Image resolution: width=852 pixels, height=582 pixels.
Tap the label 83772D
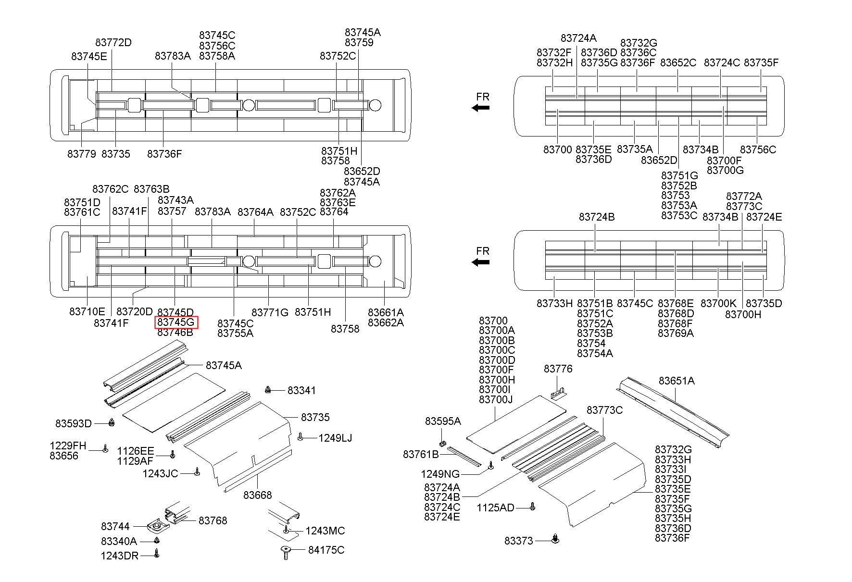(x=113, y=42)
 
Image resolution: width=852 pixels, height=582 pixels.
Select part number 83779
(x=82, y=154)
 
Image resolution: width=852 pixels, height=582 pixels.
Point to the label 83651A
(x=677, y=381)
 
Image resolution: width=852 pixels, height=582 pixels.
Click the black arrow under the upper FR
(x=480, y=108)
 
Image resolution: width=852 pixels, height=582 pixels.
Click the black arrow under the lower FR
(x=480, y=262)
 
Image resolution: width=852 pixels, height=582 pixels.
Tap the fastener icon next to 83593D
(x=112, y=422)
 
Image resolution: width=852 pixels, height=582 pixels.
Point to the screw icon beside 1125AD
(x=532, y=507)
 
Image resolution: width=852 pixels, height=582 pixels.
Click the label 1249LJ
(x=335, y=438)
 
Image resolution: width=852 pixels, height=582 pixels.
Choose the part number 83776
(x=558, y=369)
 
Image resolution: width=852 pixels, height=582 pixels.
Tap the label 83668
(x=258, y=495)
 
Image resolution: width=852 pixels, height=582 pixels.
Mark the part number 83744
(x=115, y=527)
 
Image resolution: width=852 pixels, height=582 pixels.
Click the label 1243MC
(x=325, y=531)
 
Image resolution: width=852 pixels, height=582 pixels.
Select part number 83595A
(x=443, y=421)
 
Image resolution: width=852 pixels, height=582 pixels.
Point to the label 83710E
(x=87, y=311)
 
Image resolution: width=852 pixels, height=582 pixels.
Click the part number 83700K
(x=718, y=303)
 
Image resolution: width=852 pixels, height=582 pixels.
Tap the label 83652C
(x=678, y=62)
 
